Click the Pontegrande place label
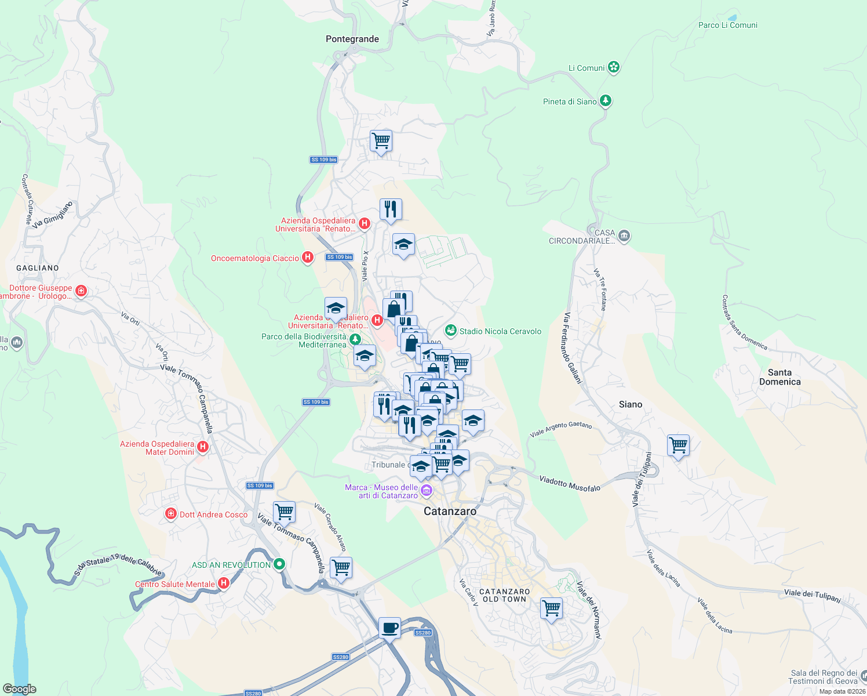tap(352, 39)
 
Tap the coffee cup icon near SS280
tap(389, 628)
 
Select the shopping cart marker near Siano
tap(677, 445)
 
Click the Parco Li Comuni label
tap(727, 25)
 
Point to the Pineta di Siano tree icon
tap(606, 101)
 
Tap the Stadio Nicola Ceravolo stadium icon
tap(450, 331)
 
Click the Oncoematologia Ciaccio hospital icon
tap(308, 257)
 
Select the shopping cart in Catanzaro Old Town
tap(551, 608)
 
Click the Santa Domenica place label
tap(779, 377)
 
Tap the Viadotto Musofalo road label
tap(570, 483)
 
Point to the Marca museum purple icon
tap(427, 491)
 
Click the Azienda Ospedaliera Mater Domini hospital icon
tap(202, 447)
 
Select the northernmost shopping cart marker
tap(381, 140)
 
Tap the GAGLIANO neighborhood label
tap(38, 268)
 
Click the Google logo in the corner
tap(19, 688)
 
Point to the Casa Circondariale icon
tap(624, 235)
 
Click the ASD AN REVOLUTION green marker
tap(279, 564)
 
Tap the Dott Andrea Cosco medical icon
tap(170, 514)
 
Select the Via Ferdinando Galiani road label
tap(572, 348)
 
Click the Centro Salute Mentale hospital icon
tap(223, 583)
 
